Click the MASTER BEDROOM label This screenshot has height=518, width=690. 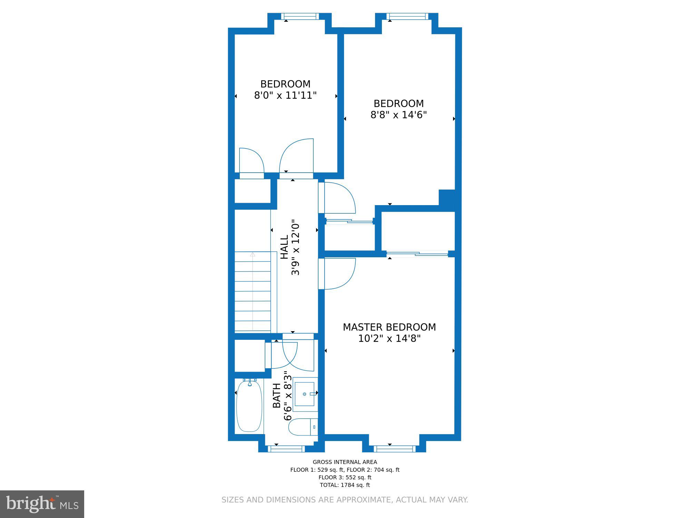click(x=389, y=327)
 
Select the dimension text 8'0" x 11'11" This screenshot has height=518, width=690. click(x=285, y=95)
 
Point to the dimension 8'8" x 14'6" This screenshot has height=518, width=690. click(x=398, y=115)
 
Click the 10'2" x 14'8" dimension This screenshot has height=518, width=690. click(x=389, y=338)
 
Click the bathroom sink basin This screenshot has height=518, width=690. click(x=305, y=394)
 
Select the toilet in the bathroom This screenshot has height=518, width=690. click(x=303, y=427)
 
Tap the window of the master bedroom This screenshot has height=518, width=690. click(x=394, y=449)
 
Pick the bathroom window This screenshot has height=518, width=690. click(x=286, y=449)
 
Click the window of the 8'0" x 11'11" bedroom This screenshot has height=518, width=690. click(x=299, y=16)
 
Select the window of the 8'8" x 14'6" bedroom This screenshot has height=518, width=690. click(x=407, y=16)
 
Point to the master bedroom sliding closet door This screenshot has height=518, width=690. click(x=417, y=254)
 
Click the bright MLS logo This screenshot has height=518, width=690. click(x=42, y=504)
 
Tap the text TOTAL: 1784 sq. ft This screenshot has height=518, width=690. click(x=345, y=485)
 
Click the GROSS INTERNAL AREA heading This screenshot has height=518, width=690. click(x=345, y=462)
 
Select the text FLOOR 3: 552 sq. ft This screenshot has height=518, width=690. click(x=345, y=477)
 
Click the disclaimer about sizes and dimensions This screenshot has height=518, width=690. click(x=345, y=500)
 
